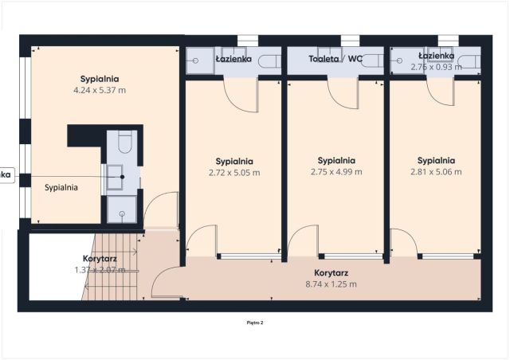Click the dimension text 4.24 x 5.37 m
pos(100,90)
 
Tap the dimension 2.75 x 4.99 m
pos(336,171)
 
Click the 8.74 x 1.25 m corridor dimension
pos(330,284)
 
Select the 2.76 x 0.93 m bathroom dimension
pos(436,67)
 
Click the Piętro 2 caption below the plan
pos(255,323)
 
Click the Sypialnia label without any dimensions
pos(61,188)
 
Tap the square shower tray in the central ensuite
pos(122,209)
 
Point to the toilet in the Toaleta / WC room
pos(371,61)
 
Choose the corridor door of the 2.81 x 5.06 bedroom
pos(404,241)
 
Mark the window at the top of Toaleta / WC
pos(350,41)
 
